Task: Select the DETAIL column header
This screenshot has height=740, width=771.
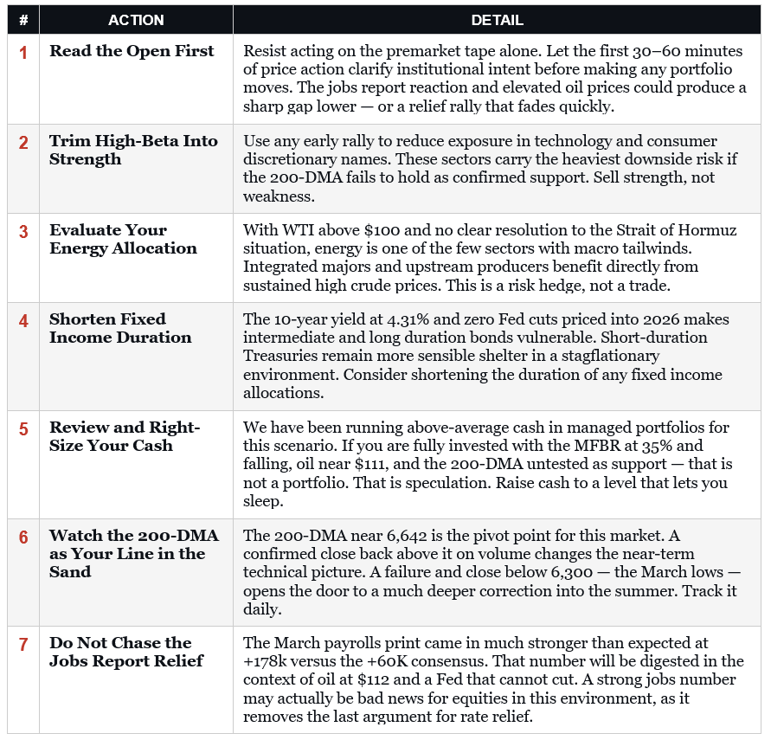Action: [497, 20]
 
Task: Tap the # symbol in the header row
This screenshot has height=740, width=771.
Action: [23, 20]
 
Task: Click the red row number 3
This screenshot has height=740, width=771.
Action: [23, 232]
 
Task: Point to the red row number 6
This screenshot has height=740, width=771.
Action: [23, 537]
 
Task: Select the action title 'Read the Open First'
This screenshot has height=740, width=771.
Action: [132, 51]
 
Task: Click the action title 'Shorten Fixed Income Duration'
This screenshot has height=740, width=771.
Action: [120, 328]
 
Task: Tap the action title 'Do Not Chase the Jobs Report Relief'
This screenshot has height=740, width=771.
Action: [126, 652]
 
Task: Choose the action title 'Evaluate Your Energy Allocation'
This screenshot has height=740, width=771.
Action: [123, 240]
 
